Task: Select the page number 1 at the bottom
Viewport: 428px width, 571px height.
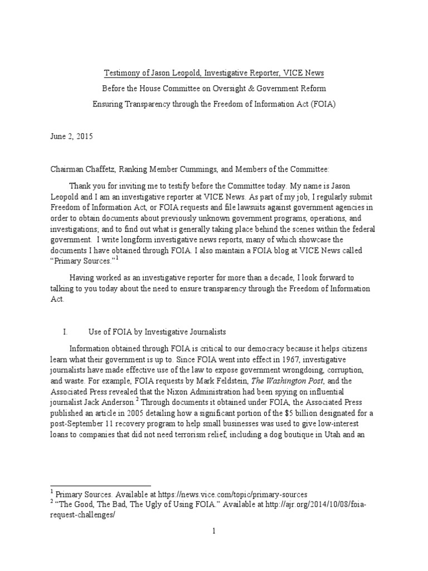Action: (213, 531)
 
